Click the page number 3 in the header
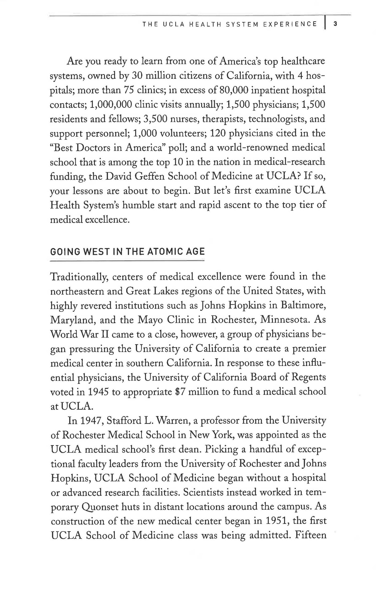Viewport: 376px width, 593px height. click(x=335, y=24)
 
